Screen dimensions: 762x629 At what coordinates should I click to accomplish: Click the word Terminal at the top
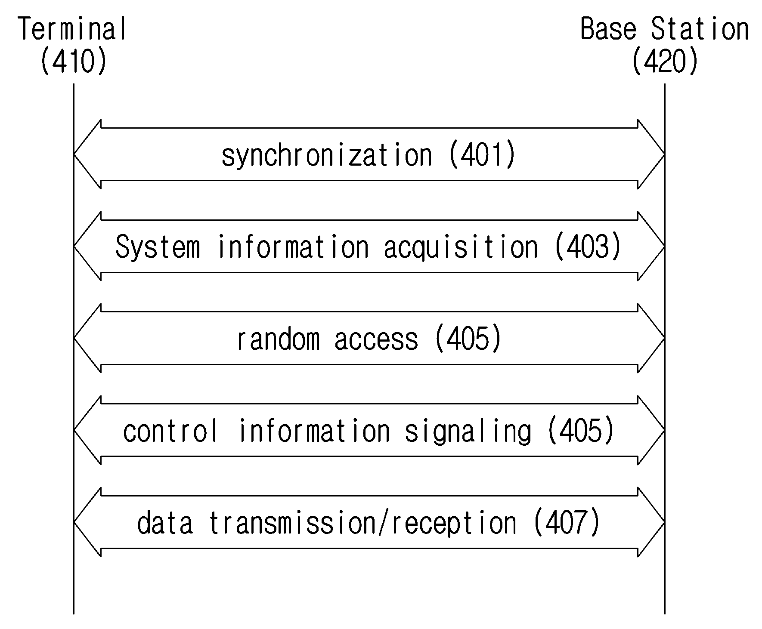(x=73, y=29)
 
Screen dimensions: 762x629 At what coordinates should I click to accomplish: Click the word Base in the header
(x=608, y=29)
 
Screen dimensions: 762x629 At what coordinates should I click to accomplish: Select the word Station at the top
(x=700, y=29)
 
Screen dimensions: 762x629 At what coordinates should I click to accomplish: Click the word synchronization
(x=327, y=155)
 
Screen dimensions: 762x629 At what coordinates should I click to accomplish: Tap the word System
(x=158, y=247)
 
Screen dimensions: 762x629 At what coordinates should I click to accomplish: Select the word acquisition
(x=461, y=247)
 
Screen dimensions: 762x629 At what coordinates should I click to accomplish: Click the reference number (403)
(x=588, y=247)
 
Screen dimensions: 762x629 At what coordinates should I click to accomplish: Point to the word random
(x=279, y=339)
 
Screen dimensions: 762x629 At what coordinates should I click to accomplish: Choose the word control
(x=170, y=431)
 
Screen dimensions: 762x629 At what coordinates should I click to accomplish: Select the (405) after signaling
(x=581, y=430)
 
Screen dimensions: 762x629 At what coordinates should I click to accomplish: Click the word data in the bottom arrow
(x=165, y=523)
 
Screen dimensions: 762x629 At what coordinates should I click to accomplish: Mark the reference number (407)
(x=567, y=522)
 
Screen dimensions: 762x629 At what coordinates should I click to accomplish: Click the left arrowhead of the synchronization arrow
(x=87, y=154)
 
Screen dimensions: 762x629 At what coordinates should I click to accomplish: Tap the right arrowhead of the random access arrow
(x=651, y=338)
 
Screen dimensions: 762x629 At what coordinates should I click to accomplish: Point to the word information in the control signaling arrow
(x=314, y=431)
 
